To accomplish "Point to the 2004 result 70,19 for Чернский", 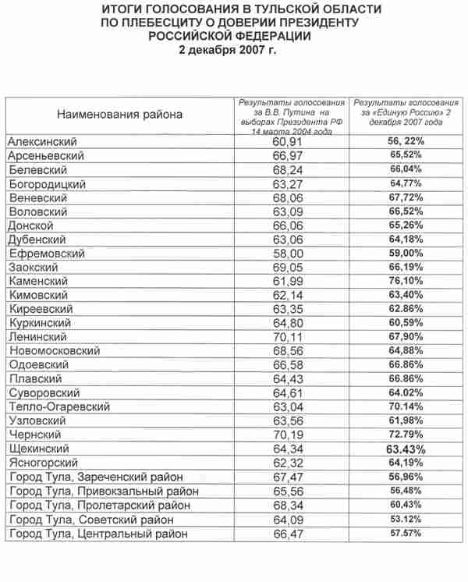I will pyautogui.click(x=292, y=435).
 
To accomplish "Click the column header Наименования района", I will pyautogui.click(x=119, y=115).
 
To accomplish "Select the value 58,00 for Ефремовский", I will pyautogui.click(x=292, y=254).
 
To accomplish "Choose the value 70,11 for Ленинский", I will pyautogui.click(x=292, y=337).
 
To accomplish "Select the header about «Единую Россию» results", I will pyautogui.click(x=406, y=113).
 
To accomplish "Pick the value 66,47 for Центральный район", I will pyautogui.click(x=292, y=534).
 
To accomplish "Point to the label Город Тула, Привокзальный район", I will pyautogui.click(x=102, y=492).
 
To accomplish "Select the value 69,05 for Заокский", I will pyautogui.click(x=292, y=267).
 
